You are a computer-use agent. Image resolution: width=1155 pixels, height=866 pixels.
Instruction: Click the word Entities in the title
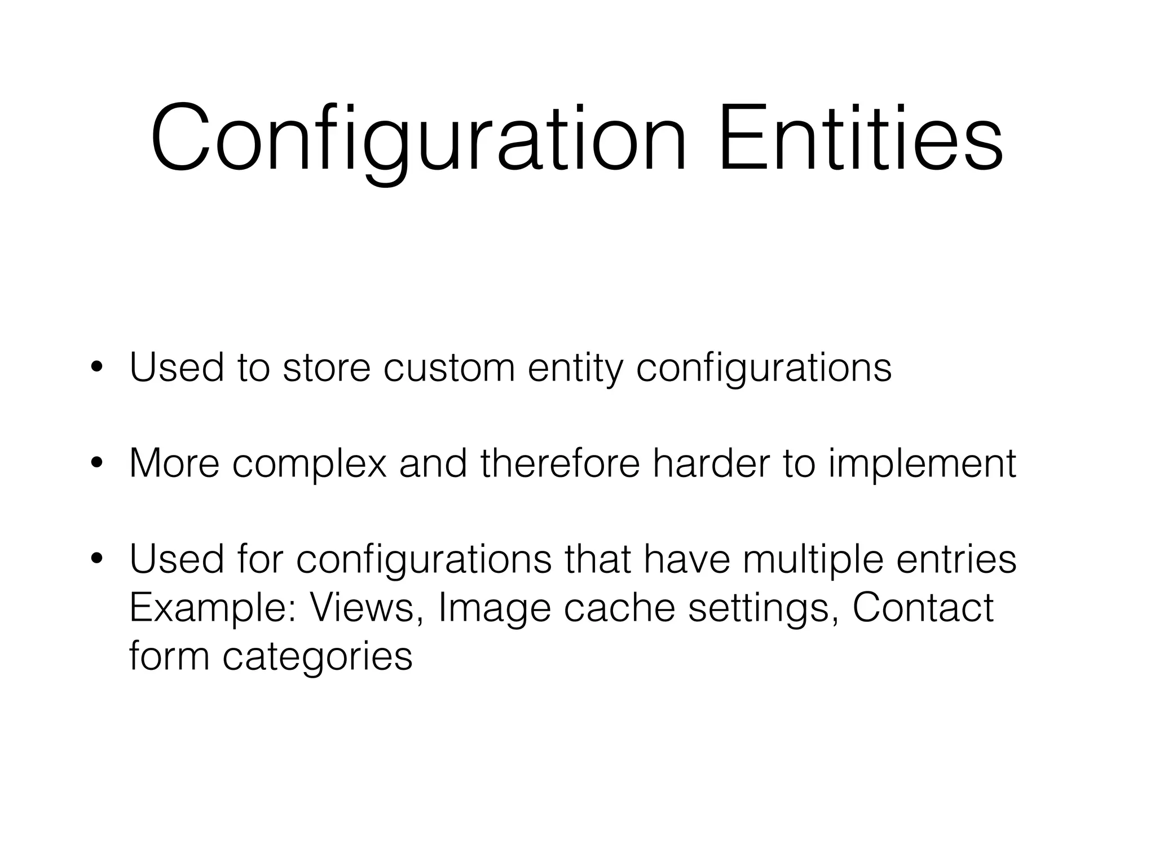click(x=861, y=139)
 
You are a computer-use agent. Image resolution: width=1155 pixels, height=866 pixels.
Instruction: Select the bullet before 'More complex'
click(x=96, y=463)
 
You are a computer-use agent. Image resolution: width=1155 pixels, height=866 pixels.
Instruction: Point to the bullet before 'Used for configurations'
click(x=96, y=559)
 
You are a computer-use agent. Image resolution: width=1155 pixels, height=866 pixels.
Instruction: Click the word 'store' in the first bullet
click(x=326, y=368)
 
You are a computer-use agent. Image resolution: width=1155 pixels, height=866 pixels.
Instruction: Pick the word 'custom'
click(x=449, y=368)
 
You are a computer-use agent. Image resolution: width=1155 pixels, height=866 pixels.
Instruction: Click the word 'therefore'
click(x=560, y=463)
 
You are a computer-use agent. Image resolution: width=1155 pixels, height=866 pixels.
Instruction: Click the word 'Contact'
click(x=923, y=608)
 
